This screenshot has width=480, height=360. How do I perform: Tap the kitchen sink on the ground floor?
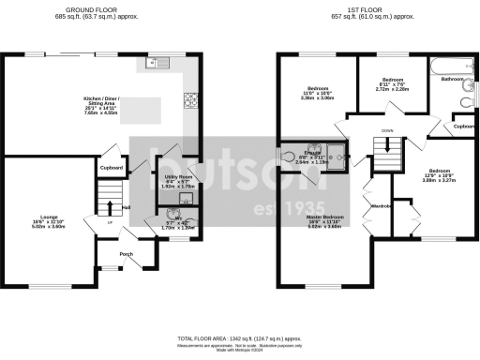[153, 65]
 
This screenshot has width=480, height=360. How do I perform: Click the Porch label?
[125, 254]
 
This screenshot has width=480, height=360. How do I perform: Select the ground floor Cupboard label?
[112, 169]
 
